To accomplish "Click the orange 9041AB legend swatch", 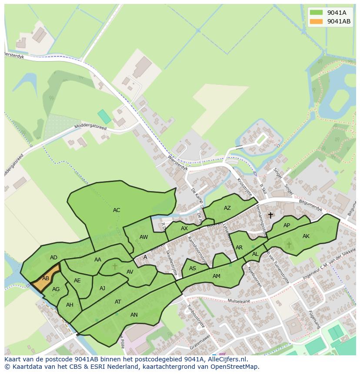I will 316,21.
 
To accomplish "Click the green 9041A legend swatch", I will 316,13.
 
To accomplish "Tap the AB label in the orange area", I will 46,278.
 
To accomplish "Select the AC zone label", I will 117,210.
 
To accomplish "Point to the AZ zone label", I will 227,208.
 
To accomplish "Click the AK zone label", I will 306,236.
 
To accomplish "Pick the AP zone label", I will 287,225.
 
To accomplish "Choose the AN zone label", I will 134,315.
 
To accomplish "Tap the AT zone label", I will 118,302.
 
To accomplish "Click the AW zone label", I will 144,237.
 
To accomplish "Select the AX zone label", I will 184,228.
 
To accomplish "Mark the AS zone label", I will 193,269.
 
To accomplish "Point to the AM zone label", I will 217,276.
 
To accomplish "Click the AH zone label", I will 70,305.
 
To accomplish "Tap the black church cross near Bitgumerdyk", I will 270,215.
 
